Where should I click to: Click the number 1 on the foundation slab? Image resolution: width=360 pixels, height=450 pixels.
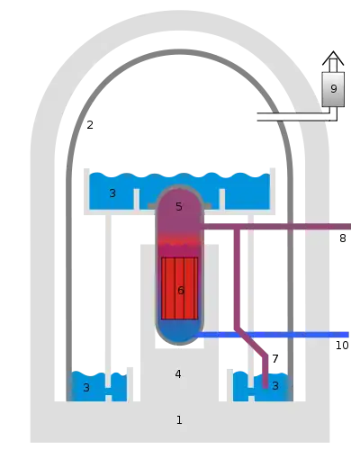179,420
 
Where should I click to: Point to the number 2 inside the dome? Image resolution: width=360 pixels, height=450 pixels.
90,125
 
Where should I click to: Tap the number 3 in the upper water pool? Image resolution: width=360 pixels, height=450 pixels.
112,193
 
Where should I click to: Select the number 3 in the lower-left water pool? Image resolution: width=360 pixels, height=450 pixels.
86,388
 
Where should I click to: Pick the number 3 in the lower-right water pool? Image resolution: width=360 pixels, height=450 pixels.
275,386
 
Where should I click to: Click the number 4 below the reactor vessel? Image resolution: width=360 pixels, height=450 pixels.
178,374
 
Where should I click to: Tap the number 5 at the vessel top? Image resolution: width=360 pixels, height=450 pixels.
179,206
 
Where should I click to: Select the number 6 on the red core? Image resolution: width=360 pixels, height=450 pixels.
181,291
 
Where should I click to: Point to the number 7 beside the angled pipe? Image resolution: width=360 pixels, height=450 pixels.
275,358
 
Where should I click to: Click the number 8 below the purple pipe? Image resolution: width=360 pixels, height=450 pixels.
343,238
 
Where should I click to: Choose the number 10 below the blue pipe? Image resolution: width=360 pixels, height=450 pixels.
342,346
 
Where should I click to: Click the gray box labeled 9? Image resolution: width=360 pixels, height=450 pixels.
333,89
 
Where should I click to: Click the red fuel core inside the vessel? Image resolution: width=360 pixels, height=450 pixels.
179,288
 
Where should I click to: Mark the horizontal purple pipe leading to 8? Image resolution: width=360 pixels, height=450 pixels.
276,227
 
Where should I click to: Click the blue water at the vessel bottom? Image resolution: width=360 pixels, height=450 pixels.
179,331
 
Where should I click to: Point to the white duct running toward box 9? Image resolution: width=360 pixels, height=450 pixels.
294,117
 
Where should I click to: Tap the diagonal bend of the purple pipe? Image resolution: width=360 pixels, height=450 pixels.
251,342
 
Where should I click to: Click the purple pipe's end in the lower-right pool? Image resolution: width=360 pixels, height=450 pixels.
265,386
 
